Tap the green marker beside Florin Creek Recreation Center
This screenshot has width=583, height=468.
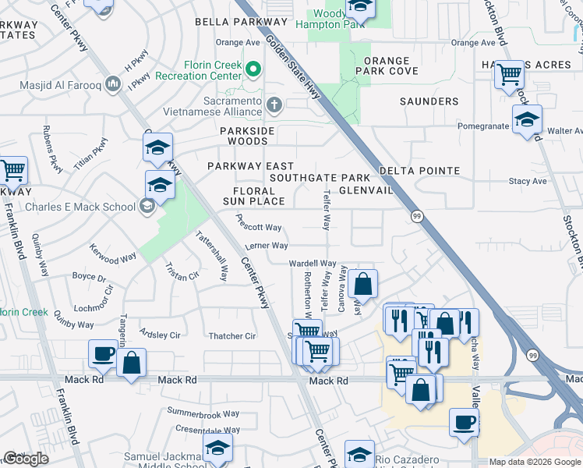[x=253, y=70]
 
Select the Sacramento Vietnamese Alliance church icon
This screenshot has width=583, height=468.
[x=274, y=105]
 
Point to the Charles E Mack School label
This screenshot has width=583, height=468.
[x=79, y=207]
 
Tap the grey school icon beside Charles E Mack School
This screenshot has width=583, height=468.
[x=147, y=207]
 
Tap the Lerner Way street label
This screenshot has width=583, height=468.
[x=267, y=246]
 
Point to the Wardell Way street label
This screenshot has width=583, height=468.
[x=313, y=264]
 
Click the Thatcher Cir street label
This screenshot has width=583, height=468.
[x=232, y=336]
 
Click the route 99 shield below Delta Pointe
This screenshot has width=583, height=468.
[x=418, y=216]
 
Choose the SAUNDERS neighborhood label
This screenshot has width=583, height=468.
[x=429, y=101]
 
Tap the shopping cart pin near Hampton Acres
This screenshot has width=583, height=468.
[x=509, y=76]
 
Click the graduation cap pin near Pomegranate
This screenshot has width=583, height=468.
[x=528, y=120]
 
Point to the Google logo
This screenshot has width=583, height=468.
[x=26, y=459]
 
